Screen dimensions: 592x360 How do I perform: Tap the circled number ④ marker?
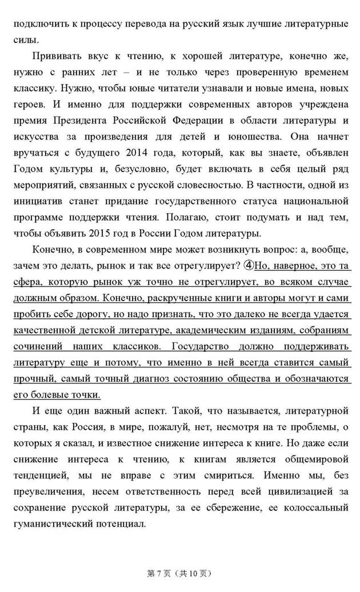click(249, 265)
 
